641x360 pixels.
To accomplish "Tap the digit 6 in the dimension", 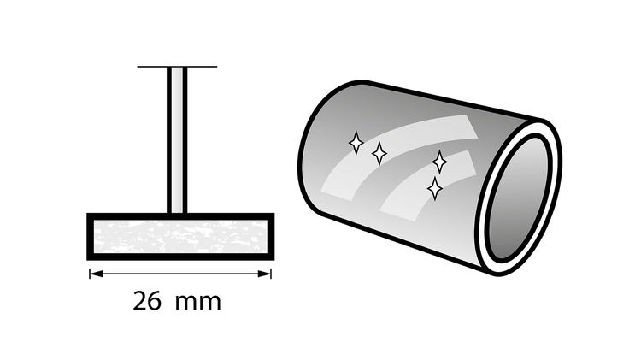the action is tap(154, 301).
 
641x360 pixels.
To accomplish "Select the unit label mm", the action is tap(198, 304).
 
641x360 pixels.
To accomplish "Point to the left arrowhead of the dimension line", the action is tap(97, 274).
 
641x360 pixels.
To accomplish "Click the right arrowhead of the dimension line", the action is tap(264, 274).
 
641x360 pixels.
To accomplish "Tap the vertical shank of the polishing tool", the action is tap(177, 140).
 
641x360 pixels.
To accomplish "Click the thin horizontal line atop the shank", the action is tap(177, 67).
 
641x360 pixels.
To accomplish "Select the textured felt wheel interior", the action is tap(180, 237).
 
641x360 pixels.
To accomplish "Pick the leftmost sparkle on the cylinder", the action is tap(356, 143).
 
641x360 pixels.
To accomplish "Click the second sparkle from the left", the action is tap(379, 153).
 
